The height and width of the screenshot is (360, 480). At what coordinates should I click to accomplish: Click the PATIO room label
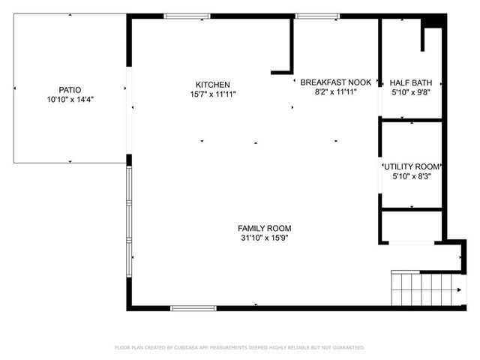70,88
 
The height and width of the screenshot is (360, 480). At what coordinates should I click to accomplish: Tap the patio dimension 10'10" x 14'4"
70,98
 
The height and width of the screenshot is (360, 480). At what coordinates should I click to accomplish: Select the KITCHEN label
212,85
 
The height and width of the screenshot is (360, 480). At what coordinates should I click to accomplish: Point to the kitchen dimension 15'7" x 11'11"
212,94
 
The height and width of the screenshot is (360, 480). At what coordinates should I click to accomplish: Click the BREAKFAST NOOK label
335,82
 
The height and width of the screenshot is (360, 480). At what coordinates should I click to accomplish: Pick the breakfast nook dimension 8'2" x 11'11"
335,91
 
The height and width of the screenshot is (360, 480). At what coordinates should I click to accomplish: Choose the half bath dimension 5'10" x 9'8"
410,91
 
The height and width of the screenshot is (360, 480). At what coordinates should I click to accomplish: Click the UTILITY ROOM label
412,166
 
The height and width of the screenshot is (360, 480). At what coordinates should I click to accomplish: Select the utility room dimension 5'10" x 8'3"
412,176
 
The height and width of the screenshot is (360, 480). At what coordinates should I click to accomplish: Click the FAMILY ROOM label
264,228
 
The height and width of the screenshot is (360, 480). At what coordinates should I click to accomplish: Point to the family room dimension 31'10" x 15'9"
264,238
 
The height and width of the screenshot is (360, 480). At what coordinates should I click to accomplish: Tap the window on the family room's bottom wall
193,307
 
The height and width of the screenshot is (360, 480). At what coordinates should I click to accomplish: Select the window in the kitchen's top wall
187,16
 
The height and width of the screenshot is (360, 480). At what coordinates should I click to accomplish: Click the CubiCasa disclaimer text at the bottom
240,347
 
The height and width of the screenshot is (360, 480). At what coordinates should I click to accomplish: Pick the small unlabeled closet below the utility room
412,226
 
